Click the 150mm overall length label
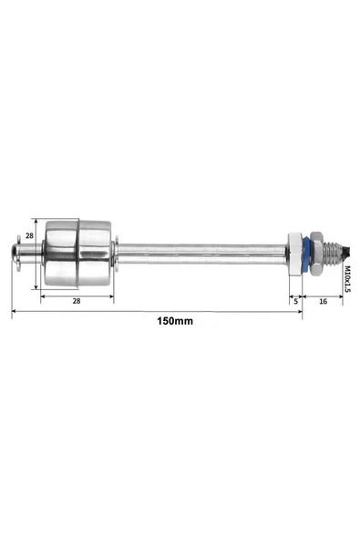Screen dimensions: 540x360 click(x=174, y=321)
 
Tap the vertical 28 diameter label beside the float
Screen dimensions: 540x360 click(x=28, y=236)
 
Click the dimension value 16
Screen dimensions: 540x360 click(x=324, y=299)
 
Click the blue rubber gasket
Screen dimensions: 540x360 click(x=306, y=254)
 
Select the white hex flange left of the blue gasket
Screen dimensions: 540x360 click(x=294, y=254)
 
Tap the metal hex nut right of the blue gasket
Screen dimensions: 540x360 click(x=315, y=254)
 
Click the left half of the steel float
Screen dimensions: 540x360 click(x=61, y=254)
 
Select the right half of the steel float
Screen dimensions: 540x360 click(x=95, y=254)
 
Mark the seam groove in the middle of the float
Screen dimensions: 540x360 click(x=78, y=254)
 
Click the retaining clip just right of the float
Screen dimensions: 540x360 click(x=115, y=254)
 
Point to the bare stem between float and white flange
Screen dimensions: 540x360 click(x=201, y=253)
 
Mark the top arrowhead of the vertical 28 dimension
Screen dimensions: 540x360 click(x=37, y=222)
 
